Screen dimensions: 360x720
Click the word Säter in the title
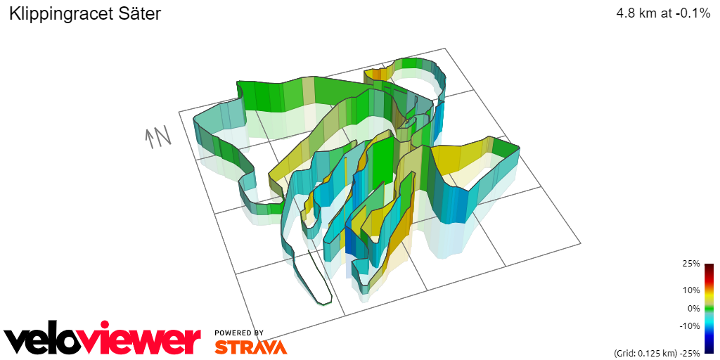141,13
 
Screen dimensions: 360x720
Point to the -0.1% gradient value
692,13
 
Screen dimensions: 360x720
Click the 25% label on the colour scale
691,264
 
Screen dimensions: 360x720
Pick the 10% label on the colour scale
691,290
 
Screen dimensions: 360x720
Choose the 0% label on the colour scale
693,308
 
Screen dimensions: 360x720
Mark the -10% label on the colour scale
689,326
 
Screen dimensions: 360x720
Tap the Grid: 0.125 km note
643,352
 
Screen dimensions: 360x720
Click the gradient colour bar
709,308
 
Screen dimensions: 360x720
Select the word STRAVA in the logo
250,347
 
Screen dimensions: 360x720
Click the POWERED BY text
239,333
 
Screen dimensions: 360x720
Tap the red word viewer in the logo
151,340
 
